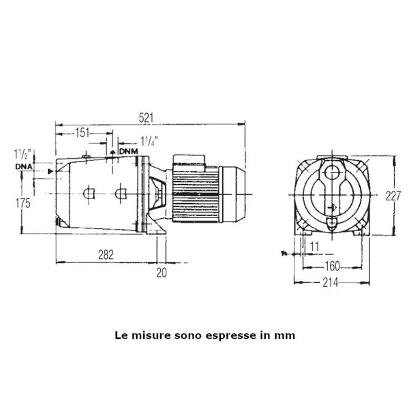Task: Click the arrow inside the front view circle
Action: pyautogui.click(x=332, y=209)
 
